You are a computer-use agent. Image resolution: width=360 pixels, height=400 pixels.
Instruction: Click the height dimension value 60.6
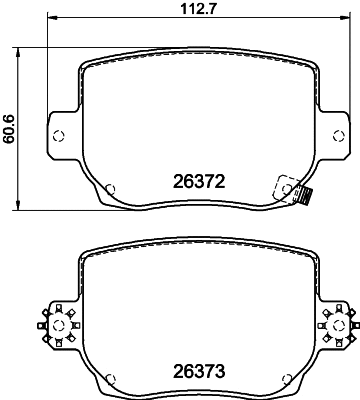tap(9, 128)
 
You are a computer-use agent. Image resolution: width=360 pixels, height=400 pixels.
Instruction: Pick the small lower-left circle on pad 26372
tap(111, 187)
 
